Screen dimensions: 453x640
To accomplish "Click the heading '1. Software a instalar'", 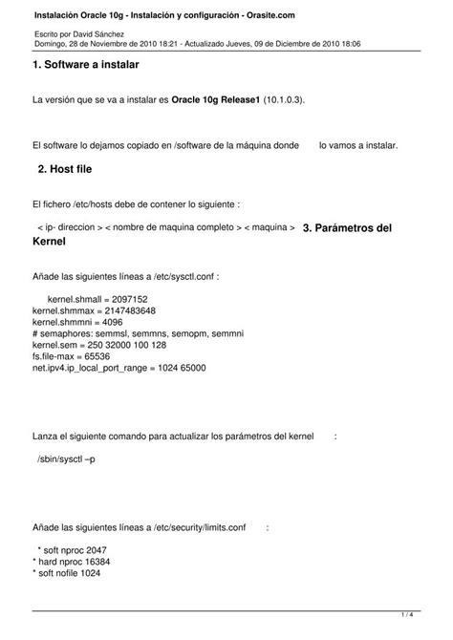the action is pyautogui.click(x=86, y=64).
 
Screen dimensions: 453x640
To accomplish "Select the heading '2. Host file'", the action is pyautogui.click(x=65, y=168).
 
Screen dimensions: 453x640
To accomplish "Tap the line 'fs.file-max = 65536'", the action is pyautogui.click(x=72, y=356).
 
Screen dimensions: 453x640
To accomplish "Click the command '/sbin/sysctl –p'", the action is pyautogui.click(x=66, y=459).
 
